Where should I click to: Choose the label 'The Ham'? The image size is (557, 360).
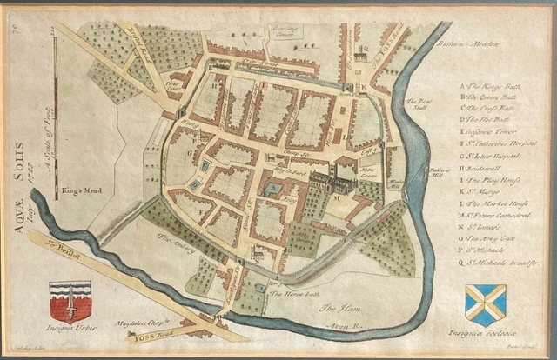pyautogui.click(x=335, y=309)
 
